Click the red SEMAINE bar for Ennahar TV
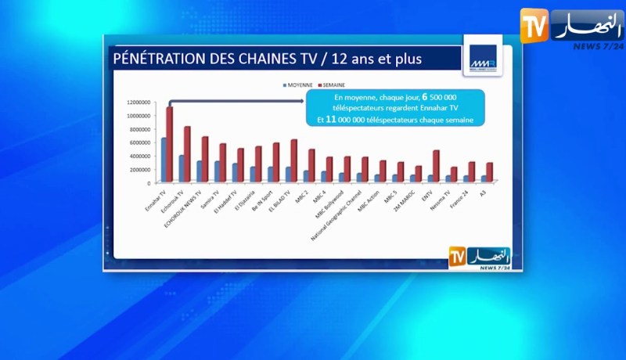tap(169, 145)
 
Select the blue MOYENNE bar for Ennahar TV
tap(164, 160)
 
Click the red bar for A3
tap(491, 172)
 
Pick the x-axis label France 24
tap(462, 200)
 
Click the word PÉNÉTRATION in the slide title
tap(157, 59)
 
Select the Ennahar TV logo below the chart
tap(479, 257)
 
